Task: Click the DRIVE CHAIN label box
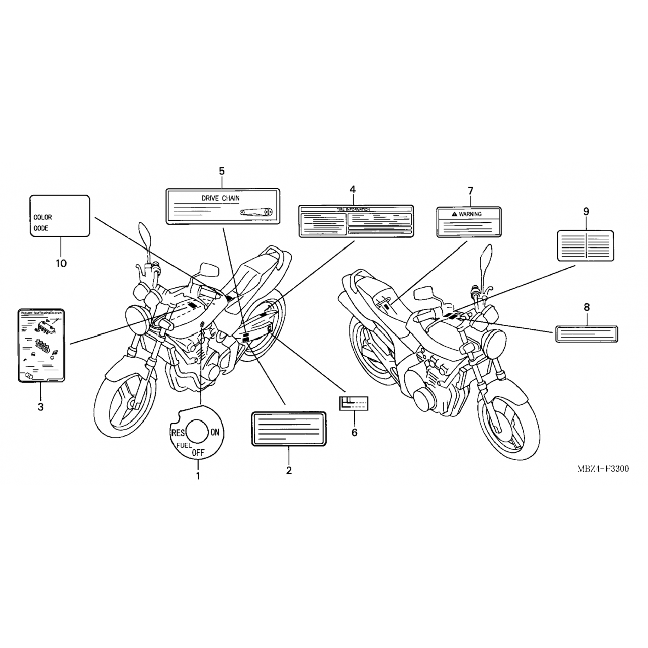point(223,206)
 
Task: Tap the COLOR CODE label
point(60,216)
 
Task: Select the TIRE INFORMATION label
point(356,221)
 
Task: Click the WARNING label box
point(469,222)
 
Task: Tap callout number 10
point(61,263)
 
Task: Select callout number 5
point(222,172)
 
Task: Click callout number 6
point(354,432)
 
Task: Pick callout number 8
point(586,307)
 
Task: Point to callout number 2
point(289,470)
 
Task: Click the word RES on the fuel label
point(178,433)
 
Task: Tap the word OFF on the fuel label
point(197,453)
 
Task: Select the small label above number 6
point(353,403)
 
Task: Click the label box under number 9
point(585,245)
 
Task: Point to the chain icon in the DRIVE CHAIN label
point(256,212)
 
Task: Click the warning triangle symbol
point(454,214)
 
